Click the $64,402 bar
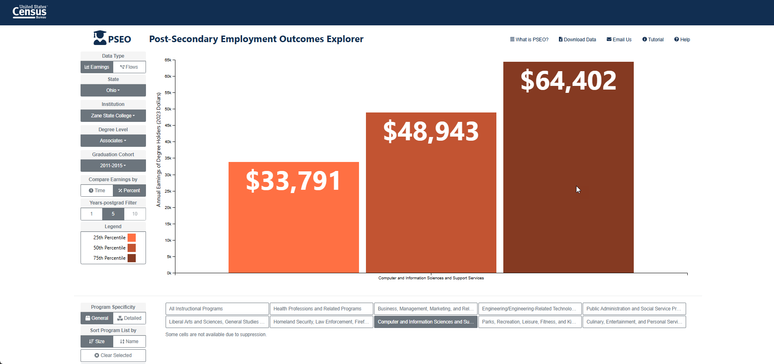pos(568,167)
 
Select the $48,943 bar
pos(431,193)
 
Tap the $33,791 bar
pos(294,217)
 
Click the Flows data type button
pos(129,67)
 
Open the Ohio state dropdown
pos(113,90)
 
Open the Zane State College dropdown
pos(113,116)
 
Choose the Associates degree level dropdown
pos(113,141)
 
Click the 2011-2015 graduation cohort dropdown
pos(113,166)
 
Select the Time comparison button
pos(97,191)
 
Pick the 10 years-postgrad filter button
pos(135,214)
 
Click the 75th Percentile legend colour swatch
pos(132,258)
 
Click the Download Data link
pos(577,40)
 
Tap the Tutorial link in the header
pos(653,40)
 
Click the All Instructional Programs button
pos(217,309)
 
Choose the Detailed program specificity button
pos(129,318)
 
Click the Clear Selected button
pos(113,355)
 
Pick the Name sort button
pos(129,342)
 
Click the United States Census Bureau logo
pos(30,12)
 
